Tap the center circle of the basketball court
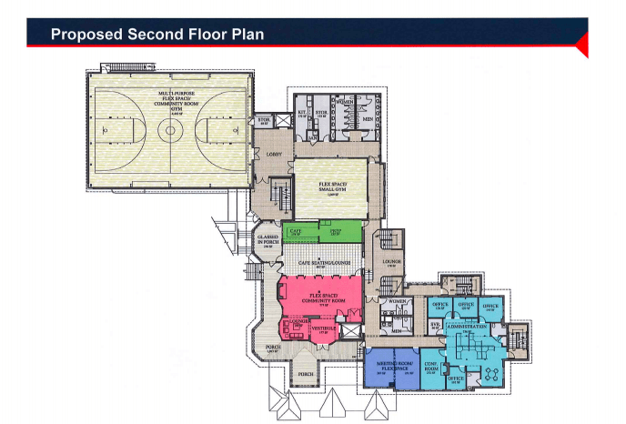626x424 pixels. [x=168, y=130]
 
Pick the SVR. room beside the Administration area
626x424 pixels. [x=435, y=324]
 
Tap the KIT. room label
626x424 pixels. [x=302, y=115]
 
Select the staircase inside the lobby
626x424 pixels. [x=279, y=192]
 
